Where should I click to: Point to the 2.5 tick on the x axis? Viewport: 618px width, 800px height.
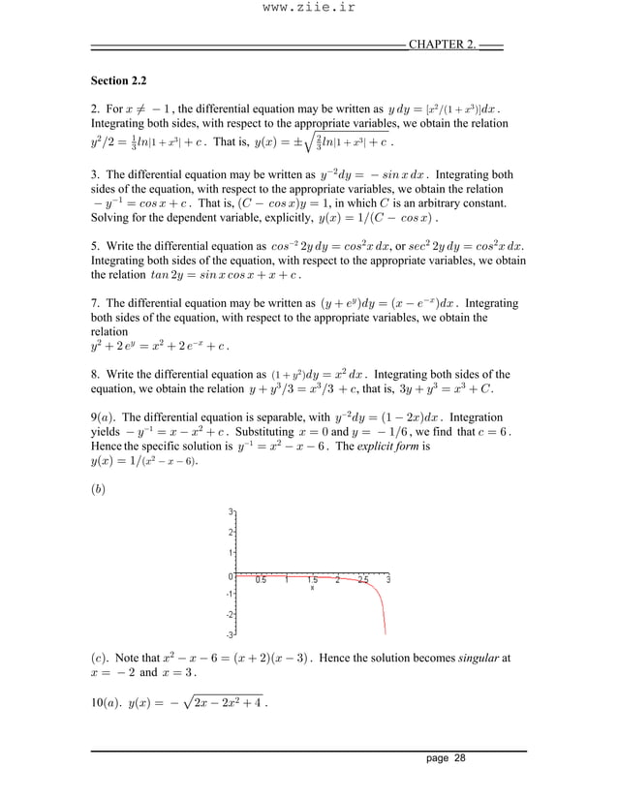point(362,581)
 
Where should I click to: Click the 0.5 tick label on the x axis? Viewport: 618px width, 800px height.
point(261,581)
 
